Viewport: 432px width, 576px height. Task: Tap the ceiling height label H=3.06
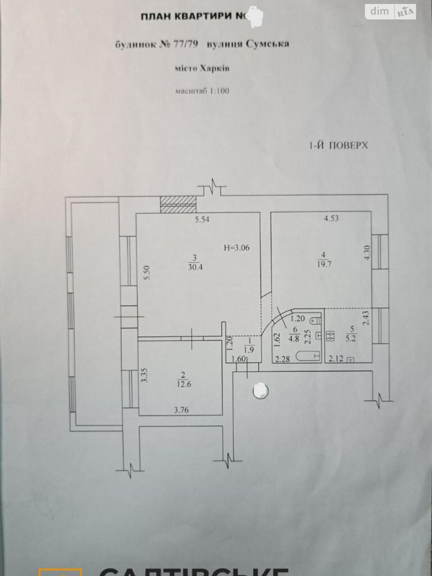pos(237,248)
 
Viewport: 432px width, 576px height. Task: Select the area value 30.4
pos(194,267)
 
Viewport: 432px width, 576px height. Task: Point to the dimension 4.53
pos(331,218)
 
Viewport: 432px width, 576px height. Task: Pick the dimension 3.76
pos(181,410)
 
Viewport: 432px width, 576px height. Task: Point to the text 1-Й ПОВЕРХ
pos(338,145)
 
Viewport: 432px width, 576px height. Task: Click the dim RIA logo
pos(390,12)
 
